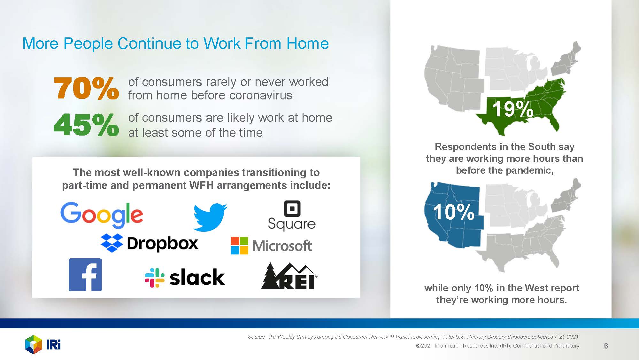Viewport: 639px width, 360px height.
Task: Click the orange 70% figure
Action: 86,88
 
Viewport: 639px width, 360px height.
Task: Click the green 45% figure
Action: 86,125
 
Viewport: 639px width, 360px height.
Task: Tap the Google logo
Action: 102,215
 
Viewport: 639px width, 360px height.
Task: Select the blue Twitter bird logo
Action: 210,217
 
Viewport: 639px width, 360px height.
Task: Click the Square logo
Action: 292,215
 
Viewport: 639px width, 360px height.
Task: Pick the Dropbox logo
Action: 150,243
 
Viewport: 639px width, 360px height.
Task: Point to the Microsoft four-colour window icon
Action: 239,246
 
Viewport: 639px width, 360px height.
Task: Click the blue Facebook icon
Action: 85,275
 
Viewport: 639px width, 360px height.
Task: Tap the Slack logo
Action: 185,277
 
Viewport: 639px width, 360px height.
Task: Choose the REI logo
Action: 289,276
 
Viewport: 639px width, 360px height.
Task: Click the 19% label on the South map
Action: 512,109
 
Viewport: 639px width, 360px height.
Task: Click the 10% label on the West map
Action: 454,212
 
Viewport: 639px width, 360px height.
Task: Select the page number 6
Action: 606,346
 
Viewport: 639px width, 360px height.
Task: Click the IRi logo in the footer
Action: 43,344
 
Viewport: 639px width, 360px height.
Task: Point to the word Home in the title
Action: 307,43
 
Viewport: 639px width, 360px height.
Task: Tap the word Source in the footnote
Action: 257,337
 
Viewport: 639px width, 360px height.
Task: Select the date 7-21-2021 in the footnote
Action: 566,337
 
